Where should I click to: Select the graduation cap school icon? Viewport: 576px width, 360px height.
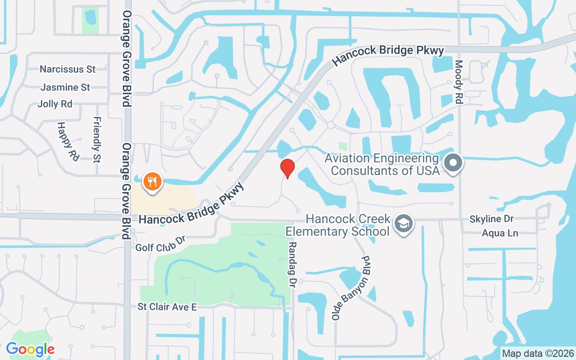point(404,224)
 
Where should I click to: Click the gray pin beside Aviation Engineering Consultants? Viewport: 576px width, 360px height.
point(453,162)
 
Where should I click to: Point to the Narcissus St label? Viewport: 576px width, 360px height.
point(67,69)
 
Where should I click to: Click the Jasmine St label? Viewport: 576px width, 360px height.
point(65,87)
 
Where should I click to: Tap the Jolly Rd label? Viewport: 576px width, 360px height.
point(55,104)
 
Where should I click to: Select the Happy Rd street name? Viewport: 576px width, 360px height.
point(68,141)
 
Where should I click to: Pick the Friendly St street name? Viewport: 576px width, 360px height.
point(97,139)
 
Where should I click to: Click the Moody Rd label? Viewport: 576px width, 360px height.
point(459,82)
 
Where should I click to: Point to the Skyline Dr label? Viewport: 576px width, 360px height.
point(491,219)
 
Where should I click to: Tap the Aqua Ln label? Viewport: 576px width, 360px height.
point(500,233)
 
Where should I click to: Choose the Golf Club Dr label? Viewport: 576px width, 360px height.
point(161,244)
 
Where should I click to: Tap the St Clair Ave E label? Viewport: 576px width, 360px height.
point(167,307)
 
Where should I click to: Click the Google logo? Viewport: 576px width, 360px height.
point(30,349)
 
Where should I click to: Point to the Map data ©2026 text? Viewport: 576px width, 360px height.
point(538,353)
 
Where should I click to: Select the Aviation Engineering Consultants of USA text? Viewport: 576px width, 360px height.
point(382,165)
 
